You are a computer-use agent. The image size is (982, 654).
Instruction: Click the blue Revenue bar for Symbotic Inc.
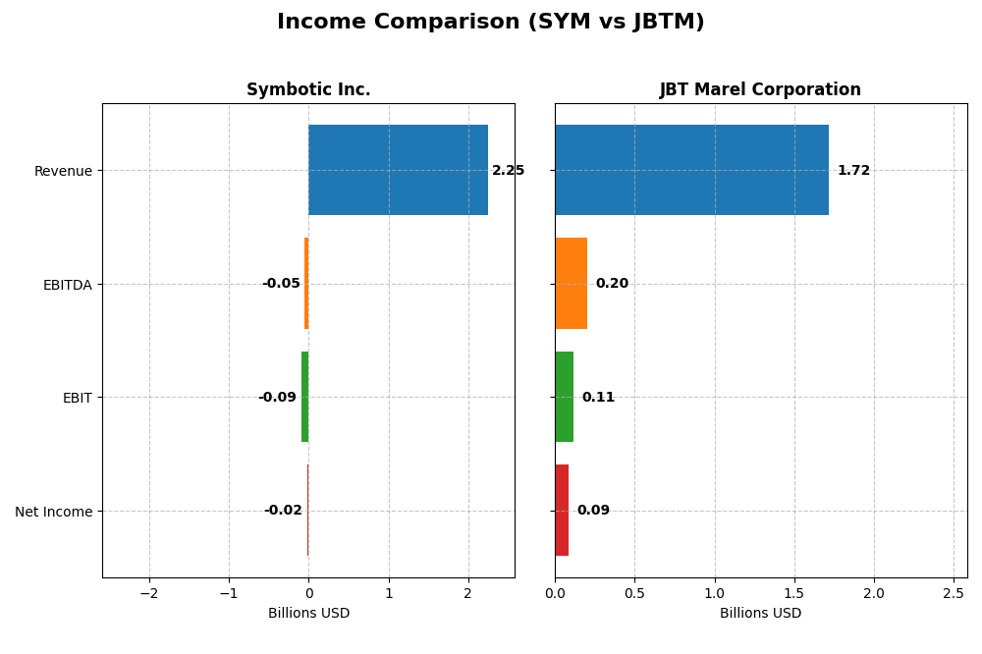[398, 170]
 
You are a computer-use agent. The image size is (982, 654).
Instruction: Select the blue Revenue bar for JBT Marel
[691, 170]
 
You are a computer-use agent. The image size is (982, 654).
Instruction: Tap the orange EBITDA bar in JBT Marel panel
[571, 284]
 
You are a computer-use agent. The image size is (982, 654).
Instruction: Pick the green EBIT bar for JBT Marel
[564, 397]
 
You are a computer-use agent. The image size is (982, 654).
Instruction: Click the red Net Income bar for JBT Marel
[562, 511]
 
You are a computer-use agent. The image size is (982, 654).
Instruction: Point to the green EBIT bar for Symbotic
[305, 397]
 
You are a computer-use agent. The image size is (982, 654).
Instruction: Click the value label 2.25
[508, 171]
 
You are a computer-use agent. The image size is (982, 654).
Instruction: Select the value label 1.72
[853, 171]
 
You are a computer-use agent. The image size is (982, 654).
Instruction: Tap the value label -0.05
[281, 284]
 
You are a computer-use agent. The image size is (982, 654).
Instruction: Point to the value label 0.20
[612, 284]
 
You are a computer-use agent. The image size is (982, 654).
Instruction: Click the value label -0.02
[283, 511]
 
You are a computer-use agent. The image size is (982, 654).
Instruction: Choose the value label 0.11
[598, 398]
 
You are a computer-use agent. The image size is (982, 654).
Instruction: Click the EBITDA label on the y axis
[68, 285]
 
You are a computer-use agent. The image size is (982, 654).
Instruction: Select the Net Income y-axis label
[54, 512]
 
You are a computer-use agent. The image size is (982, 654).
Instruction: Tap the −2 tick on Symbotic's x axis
[148, 593]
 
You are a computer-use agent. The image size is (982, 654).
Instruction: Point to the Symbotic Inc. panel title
[308, 90]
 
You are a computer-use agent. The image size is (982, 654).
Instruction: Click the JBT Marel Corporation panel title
[760, 90]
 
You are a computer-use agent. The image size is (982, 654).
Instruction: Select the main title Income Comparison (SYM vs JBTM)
[490, 23]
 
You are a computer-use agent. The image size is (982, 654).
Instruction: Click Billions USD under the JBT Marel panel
[760, 614]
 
